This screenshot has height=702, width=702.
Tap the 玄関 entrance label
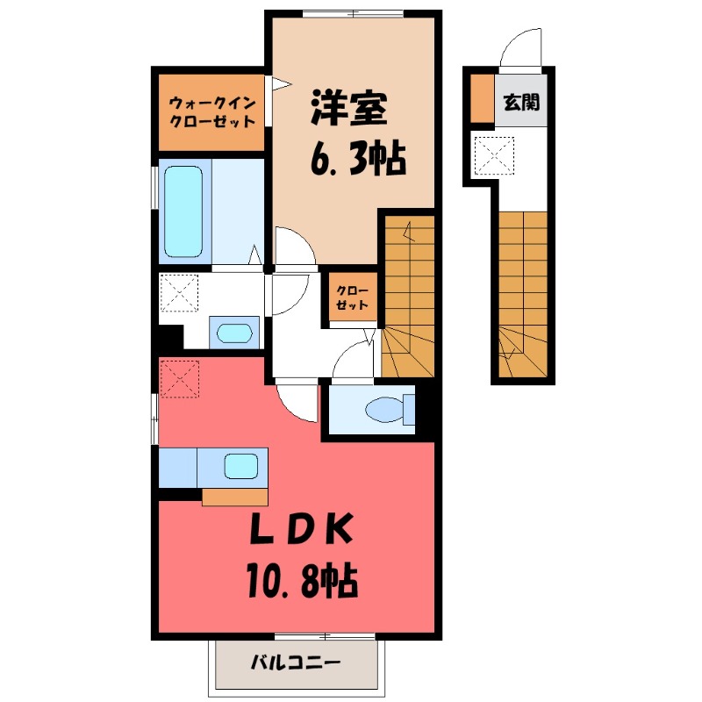pos(521,102)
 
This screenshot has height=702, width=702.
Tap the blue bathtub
pos(184,211)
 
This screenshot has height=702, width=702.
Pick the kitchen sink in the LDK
pos(241,465)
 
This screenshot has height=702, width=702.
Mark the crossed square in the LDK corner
pos(179,379)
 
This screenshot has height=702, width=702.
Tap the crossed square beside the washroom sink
pos(180,294)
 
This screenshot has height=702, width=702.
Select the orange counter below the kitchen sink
pos(234,497)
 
